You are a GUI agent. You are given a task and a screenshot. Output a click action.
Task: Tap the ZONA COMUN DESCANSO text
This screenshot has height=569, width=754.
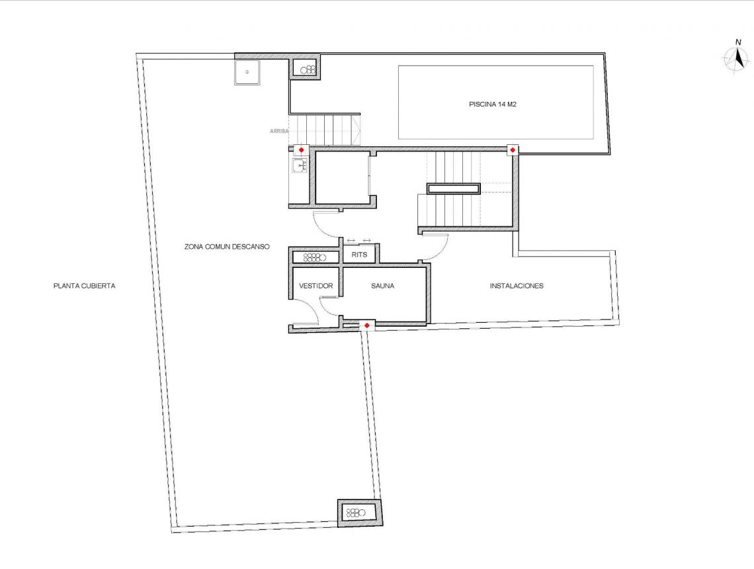tap(227, 246)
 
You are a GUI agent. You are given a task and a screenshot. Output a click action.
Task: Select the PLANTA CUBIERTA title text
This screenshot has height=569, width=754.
tap(85, 286)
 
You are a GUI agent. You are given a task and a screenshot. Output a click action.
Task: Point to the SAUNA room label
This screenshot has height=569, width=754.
tap(382, 286)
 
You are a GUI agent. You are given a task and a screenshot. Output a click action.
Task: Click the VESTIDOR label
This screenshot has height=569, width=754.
tap(315, 286)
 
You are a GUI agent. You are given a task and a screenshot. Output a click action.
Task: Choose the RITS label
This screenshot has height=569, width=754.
tap(359, 254)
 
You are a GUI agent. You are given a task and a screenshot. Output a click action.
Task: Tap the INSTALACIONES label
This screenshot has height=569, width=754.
tap(517, 286)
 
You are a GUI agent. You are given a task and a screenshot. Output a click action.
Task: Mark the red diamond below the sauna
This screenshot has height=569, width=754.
tap(366, 326)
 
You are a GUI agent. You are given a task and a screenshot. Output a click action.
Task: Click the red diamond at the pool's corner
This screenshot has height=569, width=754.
tap(512, 150)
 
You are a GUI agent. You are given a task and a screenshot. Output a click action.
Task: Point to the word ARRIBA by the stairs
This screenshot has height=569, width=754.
tap(279, 131)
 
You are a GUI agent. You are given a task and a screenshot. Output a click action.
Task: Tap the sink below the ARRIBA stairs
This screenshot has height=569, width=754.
tap(300, 166)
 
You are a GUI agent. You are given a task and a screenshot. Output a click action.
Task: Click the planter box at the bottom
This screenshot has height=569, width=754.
tap(359, 513)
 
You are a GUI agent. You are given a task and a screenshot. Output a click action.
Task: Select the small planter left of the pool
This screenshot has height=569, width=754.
tap(308, 69)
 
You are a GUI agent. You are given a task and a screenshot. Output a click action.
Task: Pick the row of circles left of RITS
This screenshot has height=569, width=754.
tap(315, 257)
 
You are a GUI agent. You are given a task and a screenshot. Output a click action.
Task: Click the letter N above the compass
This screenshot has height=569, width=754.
tap(738, 42)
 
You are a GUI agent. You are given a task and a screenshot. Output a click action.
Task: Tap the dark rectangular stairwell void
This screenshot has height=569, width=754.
tap(453, 189)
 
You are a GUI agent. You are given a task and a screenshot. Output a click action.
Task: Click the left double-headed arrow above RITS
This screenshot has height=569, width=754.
tap(351, 240)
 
